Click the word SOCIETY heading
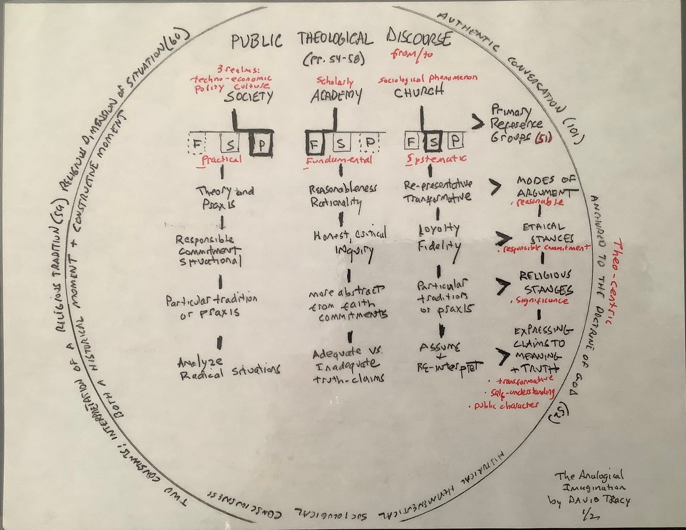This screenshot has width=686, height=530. (248, 97)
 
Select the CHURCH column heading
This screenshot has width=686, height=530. (419, 92)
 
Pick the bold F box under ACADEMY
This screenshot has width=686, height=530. (313, 144)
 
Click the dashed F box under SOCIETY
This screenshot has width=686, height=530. (197, 144)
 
